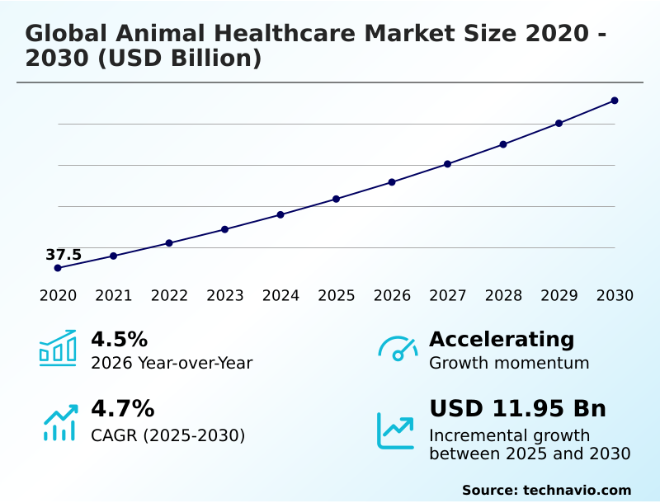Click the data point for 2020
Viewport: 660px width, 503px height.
tap(58, 268)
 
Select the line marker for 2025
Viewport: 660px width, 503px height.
tap(337, 199)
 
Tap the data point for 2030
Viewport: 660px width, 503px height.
tap(615, 101)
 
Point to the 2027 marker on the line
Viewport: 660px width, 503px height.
tap(447, 164)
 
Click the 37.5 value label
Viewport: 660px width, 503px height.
tap(64, 255)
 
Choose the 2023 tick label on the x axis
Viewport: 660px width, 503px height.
tap(225, 295)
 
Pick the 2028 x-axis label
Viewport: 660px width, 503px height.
tap(503, 295)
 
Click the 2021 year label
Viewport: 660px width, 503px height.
tap(114, 295)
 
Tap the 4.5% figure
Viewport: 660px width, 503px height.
tap(119, 339)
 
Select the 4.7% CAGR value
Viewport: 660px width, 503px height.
tap(122, 408)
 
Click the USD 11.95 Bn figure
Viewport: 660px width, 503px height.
tap(517, 408)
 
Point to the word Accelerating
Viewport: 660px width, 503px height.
tap(502, 339)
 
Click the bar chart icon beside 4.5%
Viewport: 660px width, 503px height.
tap(58, 348)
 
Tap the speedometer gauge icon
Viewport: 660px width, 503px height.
tap(397, 348)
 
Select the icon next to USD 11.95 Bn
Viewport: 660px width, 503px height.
tap(396, 430)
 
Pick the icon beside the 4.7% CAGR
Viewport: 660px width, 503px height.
tap(59, 422)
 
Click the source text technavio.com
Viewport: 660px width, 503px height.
tap(577, 490)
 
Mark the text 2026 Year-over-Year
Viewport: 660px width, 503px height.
tap(172, 363)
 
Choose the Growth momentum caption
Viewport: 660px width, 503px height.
tap(509, 363)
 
